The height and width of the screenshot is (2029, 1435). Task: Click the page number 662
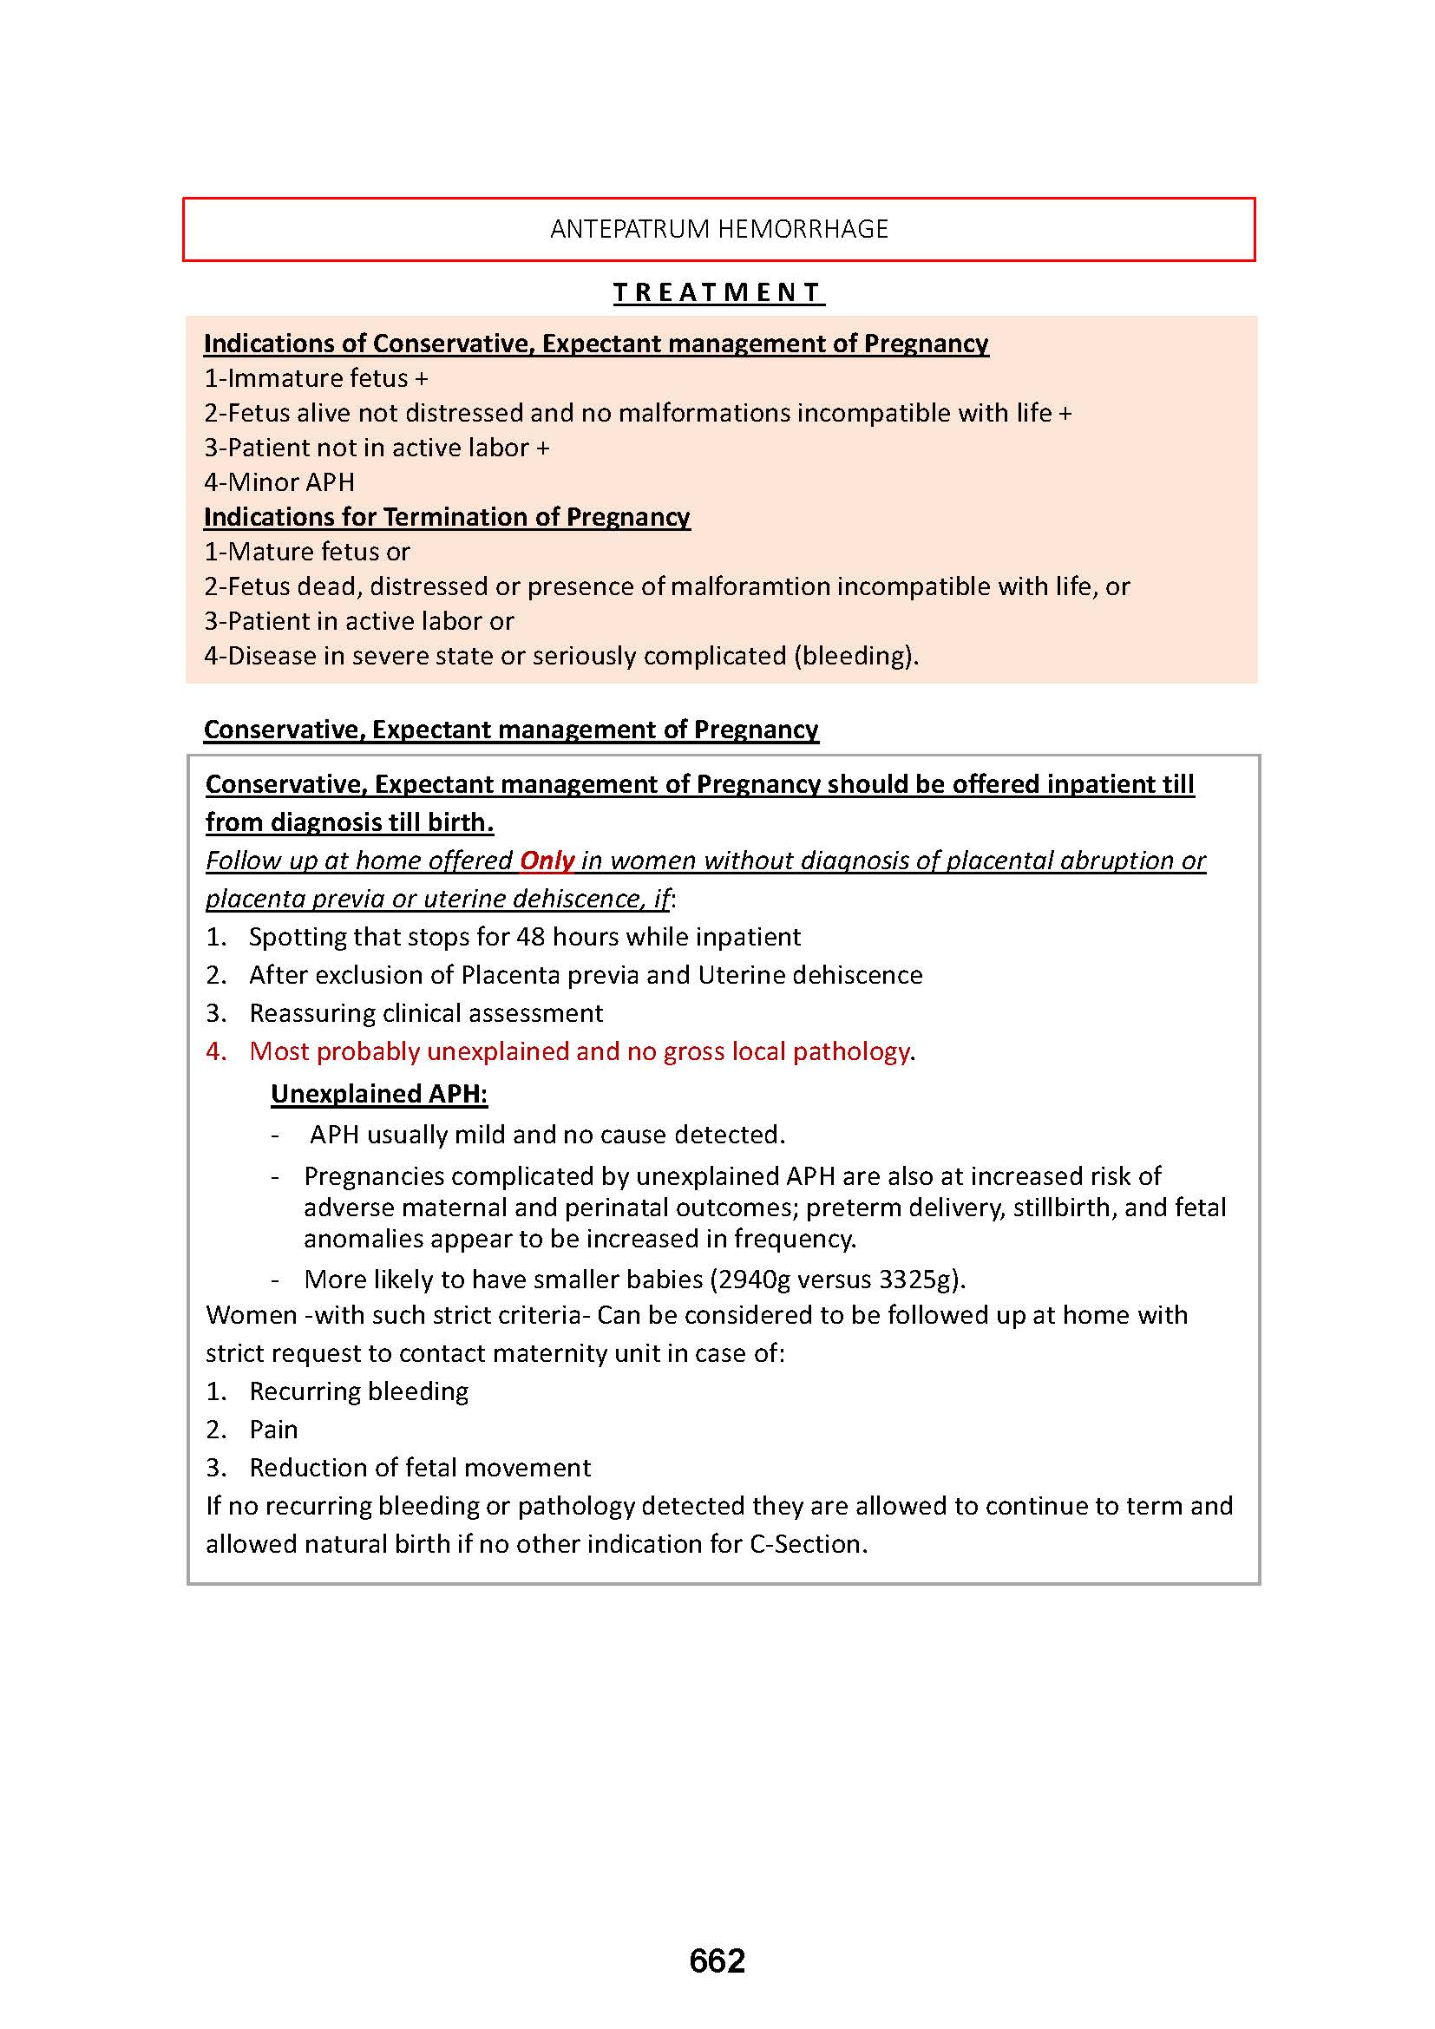click(x=717, y=1960)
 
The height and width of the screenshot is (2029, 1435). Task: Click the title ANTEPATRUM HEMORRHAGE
click(x=718, y=229)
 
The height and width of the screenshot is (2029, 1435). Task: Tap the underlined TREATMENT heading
click(x=718, y=292)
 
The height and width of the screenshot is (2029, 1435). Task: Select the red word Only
click(x=547, y=860)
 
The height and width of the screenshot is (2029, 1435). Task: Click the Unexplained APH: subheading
click(x=379, y=1093)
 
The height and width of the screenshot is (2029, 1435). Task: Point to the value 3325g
click(x=918, y=1280)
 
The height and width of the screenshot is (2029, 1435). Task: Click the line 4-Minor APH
click(x=279, y=481)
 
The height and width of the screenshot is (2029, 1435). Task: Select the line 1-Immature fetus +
click(x=316, y=378)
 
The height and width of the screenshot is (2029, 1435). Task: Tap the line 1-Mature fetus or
click(x=306, y=552)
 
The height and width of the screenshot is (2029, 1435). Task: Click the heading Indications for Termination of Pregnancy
click(x=446, y=516)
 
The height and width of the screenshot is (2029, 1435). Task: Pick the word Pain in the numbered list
click(x=274, y=1429)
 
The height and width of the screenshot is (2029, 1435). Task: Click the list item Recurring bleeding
click(x=359, y=1391)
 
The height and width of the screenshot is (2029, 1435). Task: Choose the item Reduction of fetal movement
click(x=420, y=1467)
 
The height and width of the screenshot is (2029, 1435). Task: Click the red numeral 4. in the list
click(x=217, y=1050)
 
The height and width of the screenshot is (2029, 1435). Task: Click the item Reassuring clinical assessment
click(x=426, y=1012)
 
